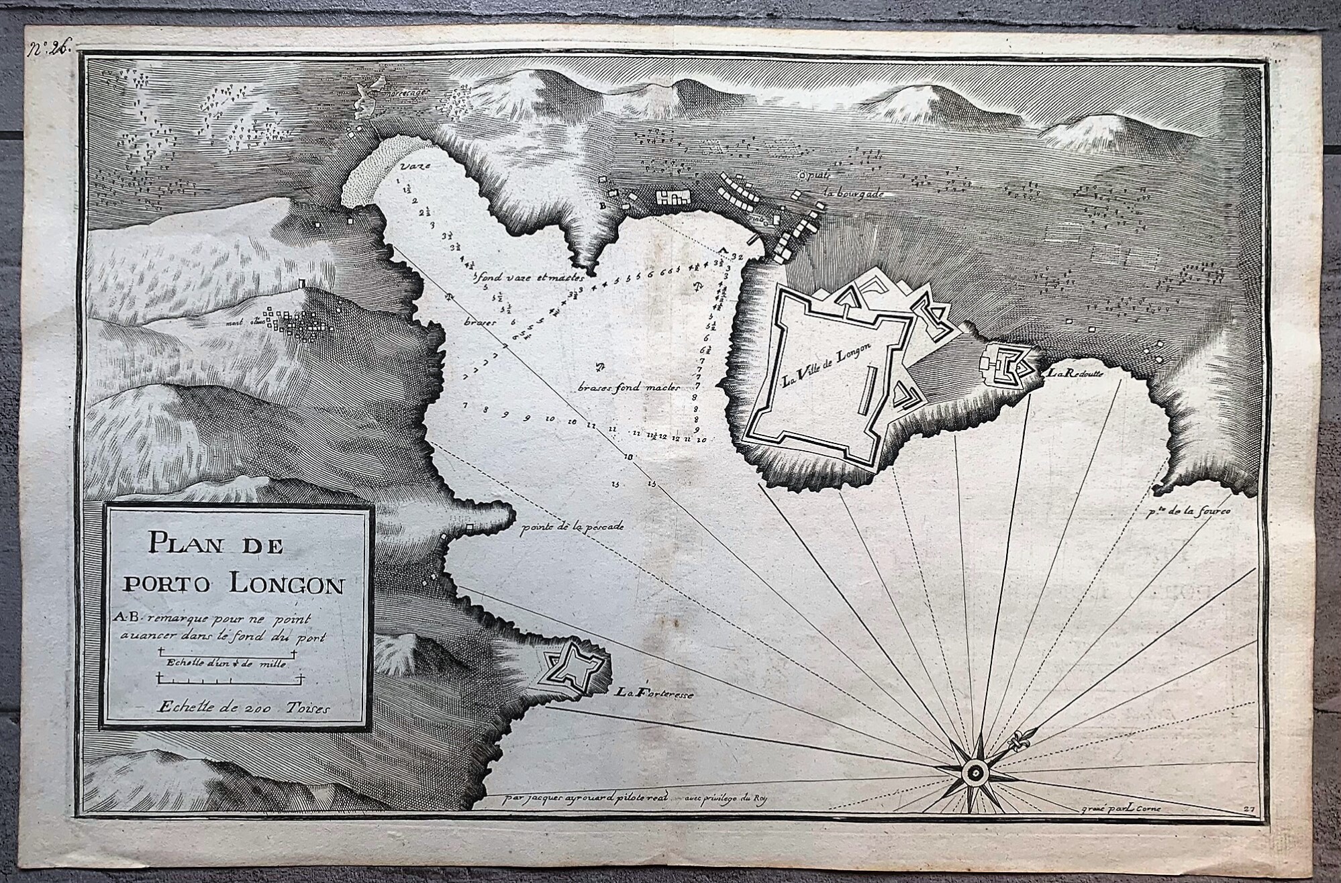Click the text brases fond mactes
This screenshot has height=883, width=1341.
tap(630, 388)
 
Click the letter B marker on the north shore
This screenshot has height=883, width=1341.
tap(602, 207)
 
